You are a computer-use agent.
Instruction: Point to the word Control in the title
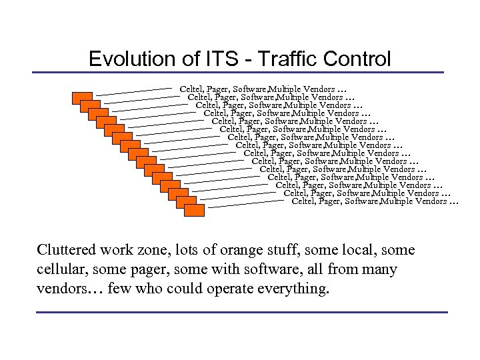(x=357, y=59)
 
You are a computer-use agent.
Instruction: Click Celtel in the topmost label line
(x=192, y=89)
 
